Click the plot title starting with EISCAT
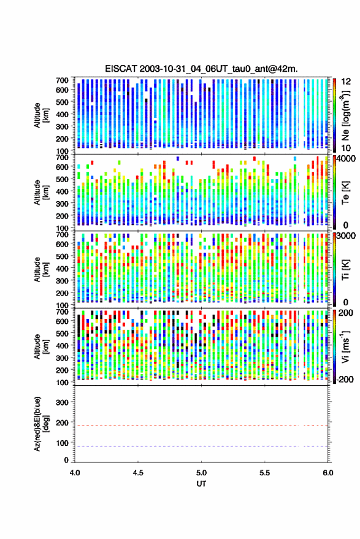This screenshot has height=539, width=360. [x=201, y=69]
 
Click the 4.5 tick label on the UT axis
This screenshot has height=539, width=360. [x=138, y=473]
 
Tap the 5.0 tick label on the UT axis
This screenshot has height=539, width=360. [x=201, y=473]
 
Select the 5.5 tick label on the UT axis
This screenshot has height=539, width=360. [x=264, y=473]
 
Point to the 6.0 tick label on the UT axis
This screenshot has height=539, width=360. [x=327, y=473]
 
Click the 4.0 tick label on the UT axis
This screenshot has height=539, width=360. [x=75, y=473]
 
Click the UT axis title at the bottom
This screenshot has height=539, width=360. [x=201, y=484]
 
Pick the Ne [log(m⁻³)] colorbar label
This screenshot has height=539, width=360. [x=346, y=115]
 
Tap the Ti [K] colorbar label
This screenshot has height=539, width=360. [x=345, y=270]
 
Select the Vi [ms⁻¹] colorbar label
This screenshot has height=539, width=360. [x=345, y=346]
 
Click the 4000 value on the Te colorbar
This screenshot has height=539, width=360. [x=347, y=159]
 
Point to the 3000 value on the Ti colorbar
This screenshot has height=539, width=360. [x=347, y=236]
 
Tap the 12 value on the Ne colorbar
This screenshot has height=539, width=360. [x=345, y=82]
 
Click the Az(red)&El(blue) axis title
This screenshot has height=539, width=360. [x=41, y=424]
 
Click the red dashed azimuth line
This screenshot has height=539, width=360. [x=201, y=426]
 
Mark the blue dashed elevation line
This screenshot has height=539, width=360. [x=201, y=446]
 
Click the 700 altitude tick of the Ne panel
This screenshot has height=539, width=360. [x=63, y=80]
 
